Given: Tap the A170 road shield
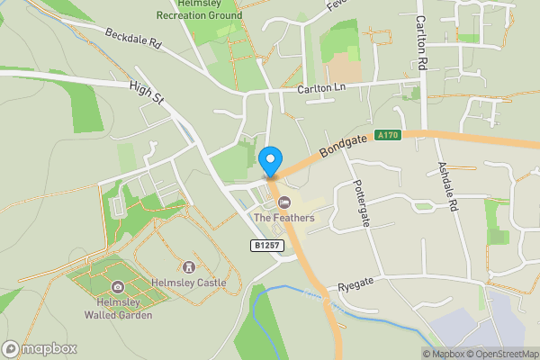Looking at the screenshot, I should (388, 135).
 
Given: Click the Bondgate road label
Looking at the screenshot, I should (338, 146).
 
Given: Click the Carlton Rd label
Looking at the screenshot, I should (420, 43).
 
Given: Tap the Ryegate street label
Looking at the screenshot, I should (355, 286).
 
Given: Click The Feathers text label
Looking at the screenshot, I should (284, 218).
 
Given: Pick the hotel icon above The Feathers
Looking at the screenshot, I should (284, 202).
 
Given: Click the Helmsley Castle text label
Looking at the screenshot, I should (188, 283).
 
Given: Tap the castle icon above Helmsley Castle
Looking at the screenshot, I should (189, 266).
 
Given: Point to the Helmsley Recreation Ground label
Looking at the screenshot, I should (199, 10).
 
